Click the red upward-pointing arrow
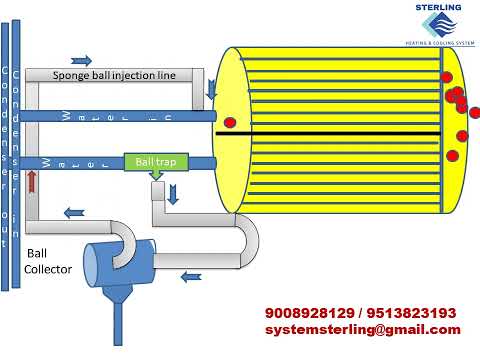click(x=32, y=180)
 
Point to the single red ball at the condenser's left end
click(x=230, y=123)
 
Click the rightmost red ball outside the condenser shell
click(x=474, y=113)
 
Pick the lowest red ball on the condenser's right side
click(x=452, y=155)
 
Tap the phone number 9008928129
click(x=305, y=313)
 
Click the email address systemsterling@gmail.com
click(x=362, y=329)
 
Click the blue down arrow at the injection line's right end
click(x=210, y=92)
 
